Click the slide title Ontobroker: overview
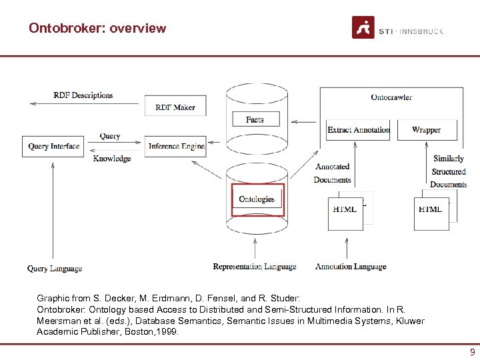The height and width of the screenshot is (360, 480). pos(97,28)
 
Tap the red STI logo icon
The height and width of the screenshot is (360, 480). pos(363,28)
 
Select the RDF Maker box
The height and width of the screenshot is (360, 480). pos(175,107)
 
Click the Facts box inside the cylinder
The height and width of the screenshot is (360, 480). pos(255,119)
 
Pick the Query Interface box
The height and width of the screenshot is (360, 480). pos(54,147)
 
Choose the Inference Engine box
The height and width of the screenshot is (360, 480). pos(175,147)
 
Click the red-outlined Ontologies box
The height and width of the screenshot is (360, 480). pos(257,199)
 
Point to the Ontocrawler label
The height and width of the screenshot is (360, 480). pos(391,97)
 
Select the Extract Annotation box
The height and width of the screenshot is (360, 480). pos(359,130)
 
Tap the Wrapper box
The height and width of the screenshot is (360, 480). pos(427,130)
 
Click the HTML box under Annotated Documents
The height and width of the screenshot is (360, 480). pos(345,210)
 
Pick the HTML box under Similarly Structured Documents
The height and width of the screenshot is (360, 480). pos(431,210)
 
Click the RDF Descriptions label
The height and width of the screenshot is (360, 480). pos(83,95)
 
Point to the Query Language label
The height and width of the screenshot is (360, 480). pos(55,269)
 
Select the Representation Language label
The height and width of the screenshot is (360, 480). pos(255,267)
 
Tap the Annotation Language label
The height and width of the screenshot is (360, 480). pos(351,267)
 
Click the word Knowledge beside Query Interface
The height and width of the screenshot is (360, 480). pos(112,159)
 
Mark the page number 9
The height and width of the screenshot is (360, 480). pos(472,353)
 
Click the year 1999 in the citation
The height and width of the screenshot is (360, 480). pos(167,331)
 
